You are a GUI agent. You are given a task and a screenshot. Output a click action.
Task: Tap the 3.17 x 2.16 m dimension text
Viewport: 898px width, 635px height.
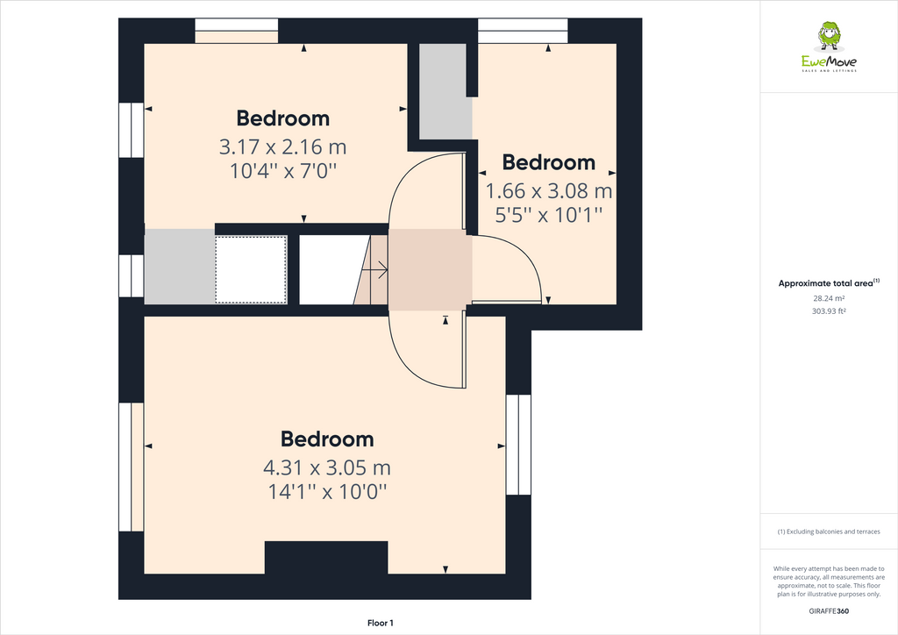(x=283, y=146)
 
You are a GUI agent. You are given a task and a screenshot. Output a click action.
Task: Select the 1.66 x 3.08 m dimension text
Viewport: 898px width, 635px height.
(x=549, y=190)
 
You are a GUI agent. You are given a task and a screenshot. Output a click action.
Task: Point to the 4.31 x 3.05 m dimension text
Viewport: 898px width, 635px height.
(x=327, y=467)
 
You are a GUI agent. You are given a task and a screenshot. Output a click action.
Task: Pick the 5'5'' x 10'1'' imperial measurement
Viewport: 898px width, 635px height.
(x=549, y=213)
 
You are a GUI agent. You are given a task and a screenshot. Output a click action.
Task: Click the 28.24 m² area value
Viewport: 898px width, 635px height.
(x=829, y=297)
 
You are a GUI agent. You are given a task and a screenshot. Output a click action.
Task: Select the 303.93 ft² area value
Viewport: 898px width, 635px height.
(x=829, y=310)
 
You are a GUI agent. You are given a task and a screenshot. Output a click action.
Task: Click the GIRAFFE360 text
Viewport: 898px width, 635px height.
(x=829, y=611)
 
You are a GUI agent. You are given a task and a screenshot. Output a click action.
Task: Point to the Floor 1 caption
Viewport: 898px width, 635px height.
(x=381, y=623)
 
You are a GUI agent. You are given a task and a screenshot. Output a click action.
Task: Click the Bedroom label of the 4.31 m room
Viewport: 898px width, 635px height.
(x=327, y=439)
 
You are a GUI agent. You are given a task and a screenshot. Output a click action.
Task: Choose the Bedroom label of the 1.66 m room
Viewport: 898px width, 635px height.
(x=549, y=162)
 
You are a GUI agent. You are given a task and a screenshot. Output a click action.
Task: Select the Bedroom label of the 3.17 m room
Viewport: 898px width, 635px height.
(x=283, y=118)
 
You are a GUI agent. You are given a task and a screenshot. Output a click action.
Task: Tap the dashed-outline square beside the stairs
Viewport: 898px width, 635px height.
(x=252, y=269)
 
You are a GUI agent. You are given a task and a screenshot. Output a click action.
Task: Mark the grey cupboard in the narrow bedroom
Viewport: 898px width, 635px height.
(x=445, y=90)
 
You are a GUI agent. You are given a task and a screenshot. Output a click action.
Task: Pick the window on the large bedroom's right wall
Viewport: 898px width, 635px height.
(x=518, y=445)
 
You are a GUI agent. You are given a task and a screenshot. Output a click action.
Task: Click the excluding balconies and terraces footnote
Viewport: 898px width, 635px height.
(x=829, y=532)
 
